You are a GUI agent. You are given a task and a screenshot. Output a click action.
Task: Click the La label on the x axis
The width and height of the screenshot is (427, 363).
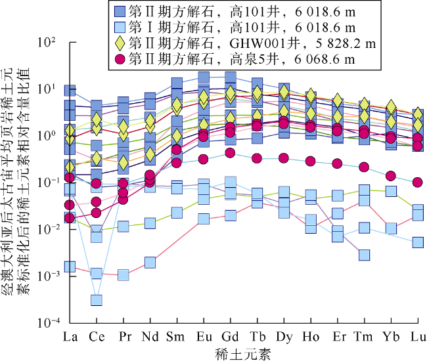point(70,337)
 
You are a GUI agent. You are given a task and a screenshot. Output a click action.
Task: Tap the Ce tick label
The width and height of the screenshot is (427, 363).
point(97,337)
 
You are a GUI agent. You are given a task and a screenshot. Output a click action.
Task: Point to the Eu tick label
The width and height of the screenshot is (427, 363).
point(204,337)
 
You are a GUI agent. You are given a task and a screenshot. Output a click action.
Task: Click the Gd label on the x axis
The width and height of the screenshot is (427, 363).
point(230,337)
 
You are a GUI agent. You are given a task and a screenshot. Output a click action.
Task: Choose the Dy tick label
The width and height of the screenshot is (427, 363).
point(284,337)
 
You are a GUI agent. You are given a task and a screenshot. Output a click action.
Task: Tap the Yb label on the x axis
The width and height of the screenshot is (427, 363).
point(391,337)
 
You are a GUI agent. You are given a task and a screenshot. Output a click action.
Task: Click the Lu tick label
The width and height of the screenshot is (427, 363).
point(418,337)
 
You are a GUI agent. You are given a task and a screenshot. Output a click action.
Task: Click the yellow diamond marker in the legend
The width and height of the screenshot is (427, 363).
point(119,43)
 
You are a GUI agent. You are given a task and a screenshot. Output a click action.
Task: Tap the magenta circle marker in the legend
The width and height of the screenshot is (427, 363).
point(119,59)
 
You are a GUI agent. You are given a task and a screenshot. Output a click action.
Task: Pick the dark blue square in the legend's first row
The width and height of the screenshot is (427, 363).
point(119,12)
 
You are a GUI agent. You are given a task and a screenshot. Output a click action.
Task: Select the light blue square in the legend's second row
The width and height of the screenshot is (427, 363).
point(119,28)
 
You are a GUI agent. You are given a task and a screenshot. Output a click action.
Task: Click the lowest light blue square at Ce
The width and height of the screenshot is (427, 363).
point(97,300)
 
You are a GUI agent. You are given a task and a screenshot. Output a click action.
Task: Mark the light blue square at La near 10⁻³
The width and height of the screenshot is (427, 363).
point(70,267)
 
